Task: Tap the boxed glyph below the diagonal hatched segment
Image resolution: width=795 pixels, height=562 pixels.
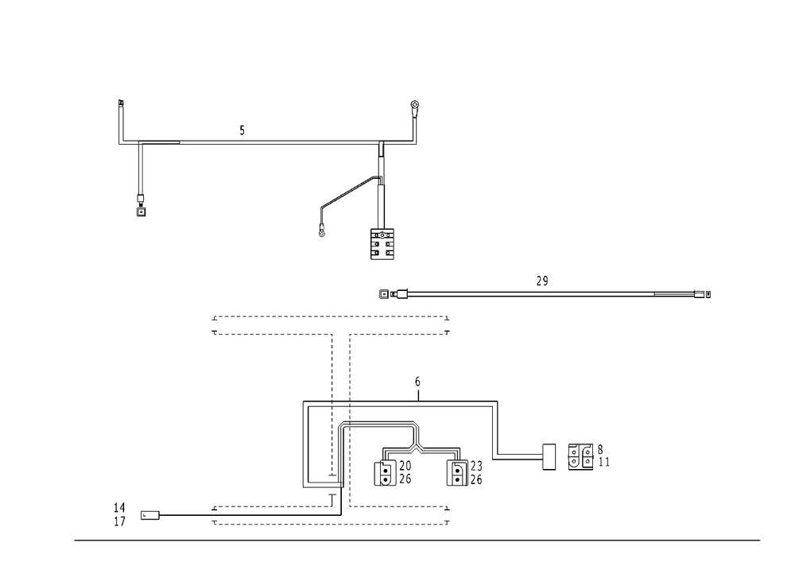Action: [381, 245]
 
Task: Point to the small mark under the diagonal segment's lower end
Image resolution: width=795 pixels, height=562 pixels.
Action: [323, 232]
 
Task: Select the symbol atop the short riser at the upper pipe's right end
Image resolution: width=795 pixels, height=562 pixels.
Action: [414, 106]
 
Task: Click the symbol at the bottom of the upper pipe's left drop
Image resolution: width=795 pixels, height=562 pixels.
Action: [141, 208]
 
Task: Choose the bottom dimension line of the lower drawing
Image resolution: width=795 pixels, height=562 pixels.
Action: [330, 523]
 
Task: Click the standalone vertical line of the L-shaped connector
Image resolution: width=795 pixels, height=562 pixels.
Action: [498, 428]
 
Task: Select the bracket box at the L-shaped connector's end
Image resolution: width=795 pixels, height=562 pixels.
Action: [546, 457]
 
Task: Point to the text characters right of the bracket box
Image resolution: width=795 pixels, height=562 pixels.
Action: [588, 456]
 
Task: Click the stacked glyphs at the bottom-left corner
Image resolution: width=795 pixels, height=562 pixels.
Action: [119, 514]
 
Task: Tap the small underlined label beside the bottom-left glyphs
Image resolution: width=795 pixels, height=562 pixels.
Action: [151, 518]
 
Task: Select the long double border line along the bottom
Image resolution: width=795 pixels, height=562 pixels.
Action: [417, 541]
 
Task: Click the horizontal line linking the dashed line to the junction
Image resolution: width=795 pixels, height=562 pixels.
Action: [378, 423]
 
